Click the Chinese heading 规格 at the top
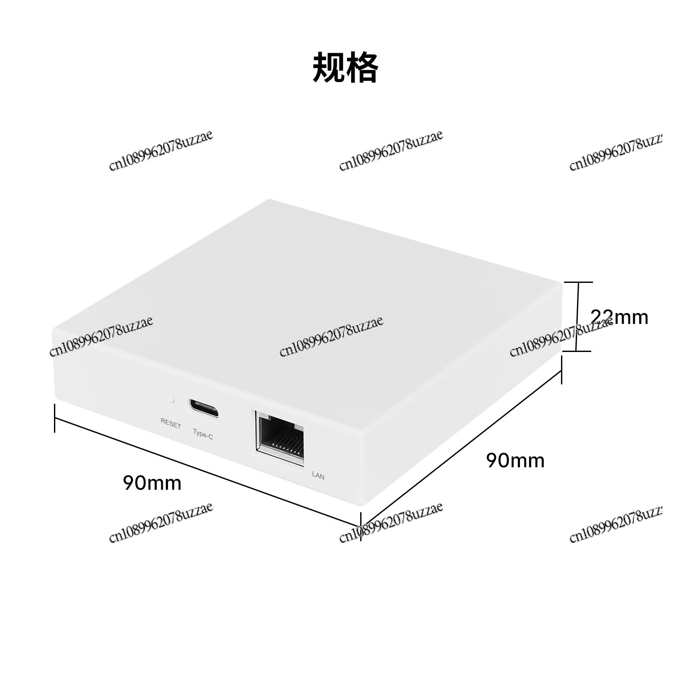(x=345, y=67)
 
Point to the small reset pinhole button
(x=171, y=398)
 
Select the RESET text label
(x=171, y=424)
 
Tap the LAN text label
(x=318, y=475)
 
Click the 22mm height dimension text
(x=619, y=317)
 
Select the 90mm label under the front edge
(x=152, y=482)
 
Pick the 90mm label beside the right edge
(x=515, y=460)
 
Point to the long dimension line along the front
(x=208, y=472)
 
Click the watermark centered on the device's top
(x=331, y=336)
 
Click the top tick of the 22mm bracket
(x=578, y=282)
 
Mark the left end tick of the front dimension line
(x=54, y=418)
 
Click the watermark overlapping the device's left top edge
(x=101, y=336)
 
